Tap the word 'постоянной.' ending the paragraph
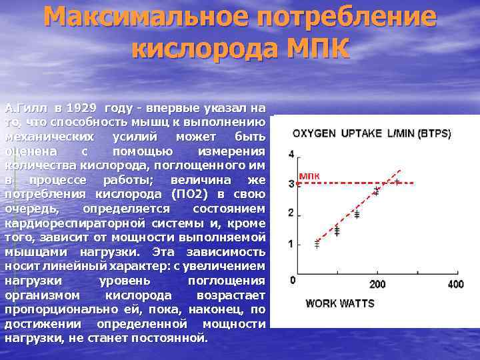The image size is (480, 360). coord(174,338)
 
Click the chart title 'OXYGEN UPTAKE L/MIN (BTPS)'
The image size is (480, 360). coord(373,133)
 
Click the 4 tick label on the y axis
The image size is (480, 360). coord(291,155)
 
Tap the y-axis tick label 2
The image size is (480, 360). coord(291,213)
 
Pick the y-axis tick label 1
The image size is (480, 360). coord(291,244)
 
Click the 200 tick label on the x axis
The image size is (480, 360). coord(377,285)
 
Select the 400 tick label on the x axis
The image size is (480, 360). coord(455,285)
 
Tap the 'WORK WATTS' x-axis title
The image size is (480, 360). coord(340,304)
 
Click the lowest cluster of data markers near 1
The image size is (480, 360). coord(317,243)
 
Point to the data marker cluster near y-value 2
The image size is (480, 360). coord(357,215)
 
